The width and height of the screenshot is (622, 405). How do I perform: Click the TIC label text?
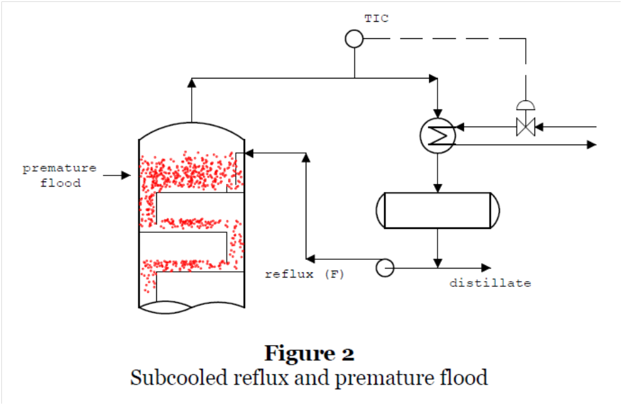(x=376, y=18)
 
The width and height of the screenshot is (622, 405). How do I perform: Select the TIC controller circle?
(x=354, y=39)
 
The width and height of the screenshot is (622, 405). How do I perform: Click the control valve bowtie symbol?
(x=525, y=125)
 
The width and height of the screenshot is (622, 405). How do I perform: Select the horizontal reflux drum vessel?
(x=438, y=210)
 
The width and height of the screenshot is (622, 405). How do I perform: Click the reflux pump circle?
(x=384, y=267)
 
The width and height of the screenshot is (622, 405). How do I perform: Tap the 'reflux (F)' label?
(x=304, y=274)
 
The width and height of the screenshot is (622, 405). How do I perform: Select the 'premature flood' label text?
(x=60, y=175)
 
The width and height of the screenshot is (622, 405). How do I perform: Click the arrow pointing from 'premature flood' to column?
(x=118, y=175)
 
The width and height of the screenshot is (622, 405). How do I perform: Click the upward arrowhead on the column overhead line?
(x=192, y=82)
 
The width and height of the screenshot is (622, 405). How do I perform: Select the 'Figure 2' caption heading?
(x=310, y=353)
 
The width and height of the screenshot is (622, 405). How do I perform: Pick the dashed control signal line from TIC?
(x=448, y=39)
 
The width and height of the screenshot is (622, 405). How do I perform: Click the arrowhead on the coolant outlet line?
(x=592, y=144)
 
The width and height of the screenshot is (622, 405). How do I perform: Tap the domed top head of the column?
(x=192, y=129)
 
